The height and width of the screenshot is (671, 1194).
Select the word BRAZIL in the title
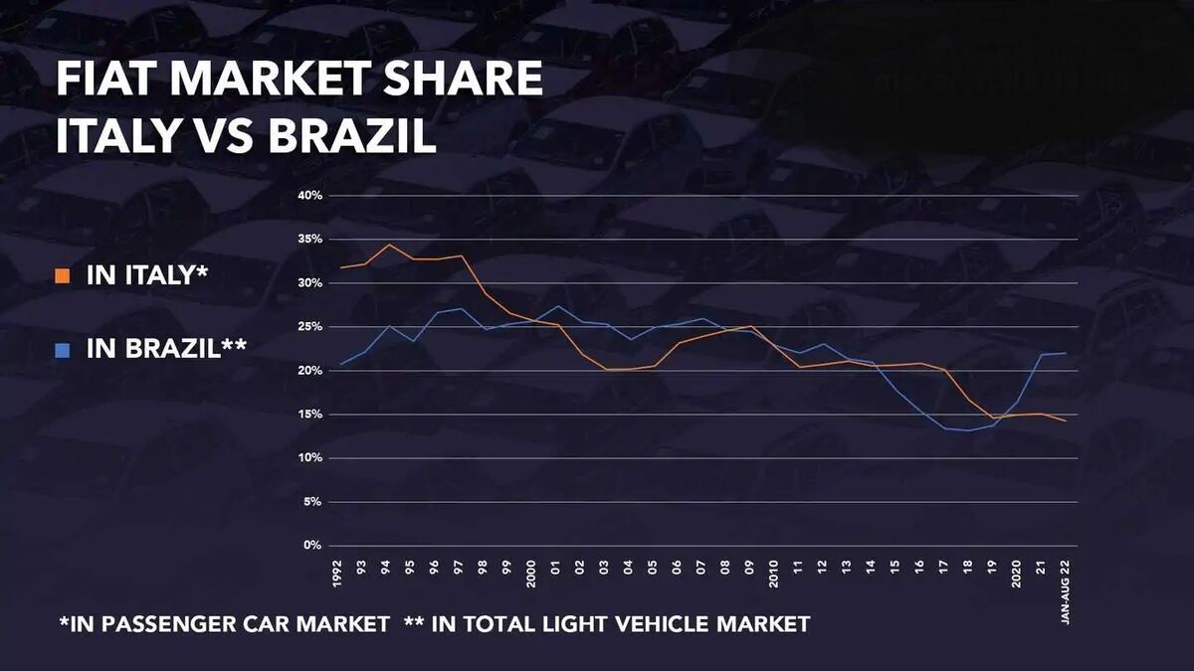(x=352, y=137)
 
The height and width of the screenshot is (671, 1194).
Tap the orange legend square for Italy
(x=63, y=275)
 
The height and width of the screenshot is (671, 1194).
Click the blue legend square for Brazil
(x=63, y=349)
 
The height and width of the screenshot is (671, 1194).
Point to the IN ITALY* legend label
(x=147, y=275)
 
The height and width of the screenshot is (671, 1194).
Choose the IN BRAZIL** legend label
(x=166, y=349)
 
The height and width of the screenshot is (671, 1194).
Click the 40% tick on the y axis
(x=309, y=196)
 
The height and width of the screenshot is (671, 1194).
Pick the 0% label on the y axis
(x=312, y=546)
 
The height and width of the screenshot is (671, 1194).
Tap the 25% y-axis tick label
(x=309, y=327)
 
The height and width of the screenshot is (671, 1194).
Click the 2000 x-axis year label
(x=531, y=574)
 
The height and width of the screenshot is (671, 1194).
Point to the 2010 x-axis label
(x=773, y=574)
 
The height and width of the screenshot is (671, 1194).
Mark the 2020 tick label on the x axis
(x=1016, y=574)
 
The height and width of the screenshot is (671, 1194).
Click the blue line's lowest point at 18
(x=968, y=430)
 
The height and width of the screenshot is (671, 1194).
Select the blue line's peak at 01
(x=557, y=306)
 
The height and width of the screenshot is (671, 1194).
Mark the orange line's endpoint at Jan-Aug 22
(x=1066, y=420)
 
